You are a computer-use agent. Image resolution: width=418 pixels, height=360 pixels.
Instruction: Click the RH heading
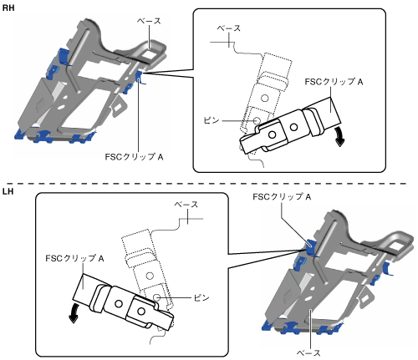tap(8, 8)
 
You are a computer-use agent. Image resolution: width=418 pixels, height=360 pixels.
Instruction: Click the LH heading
tap(8, 191)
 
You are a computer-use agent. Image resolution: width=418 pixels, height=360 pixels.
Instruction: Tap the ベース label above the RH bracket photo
tap(149, 21)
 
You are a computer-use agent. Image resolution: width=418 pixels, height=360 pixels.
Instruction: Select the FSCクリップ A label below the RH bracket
tap(134, 157)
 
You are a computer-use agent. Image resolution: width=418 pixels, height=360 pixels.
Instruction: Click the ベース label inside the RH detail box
tap(228, 28)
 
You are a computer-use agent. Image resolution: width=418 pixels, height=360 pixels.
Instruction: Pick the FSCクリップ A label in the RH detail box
tap(334, 82)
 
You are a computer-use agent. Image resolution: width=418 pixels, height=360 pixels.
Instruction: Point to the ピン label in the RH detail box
tap(212, 120)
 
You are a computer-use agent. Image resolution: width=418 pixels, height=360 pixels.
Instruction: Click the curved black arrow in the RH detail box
tap(340, 136)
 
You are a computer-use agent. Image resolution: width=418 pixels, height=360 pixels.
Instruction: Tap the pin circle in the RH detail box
tap(257, 121)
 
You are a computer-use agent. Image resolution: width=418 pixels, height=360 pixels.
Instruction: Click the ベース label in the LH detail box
tap(186, 205)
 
